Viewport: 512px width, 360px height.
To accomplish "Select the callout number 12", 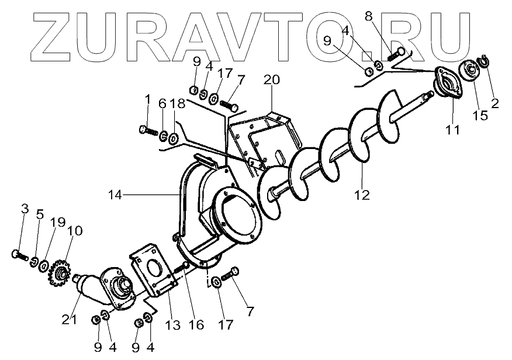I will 362,194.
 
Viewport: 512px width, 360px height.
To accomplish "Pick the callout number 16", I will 196,324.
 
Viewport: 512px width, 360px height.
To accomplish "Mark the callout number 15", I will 480,115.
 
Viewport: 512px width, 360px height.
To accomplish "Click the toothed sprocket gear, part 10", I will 58,272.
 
